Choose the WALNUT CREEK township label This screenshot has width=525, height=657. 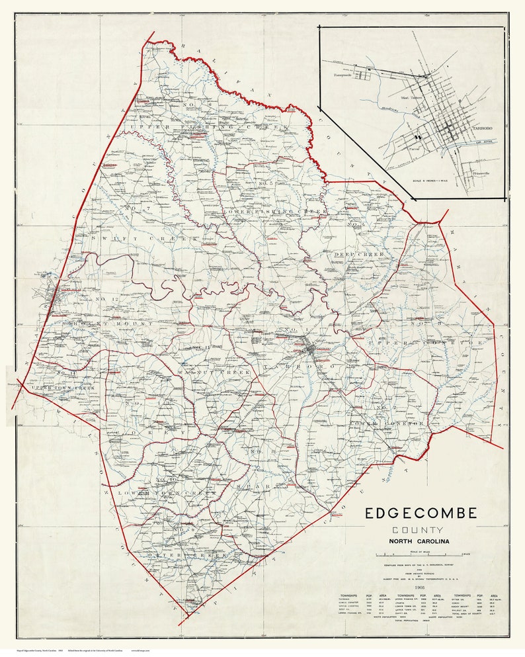click(x=214, y=372)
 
